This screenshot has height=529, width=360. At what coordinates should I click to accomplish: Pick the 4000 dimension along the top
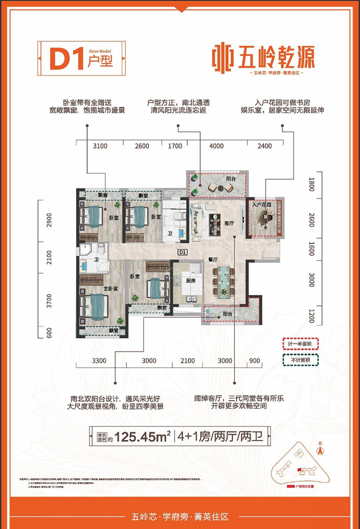(216, 146)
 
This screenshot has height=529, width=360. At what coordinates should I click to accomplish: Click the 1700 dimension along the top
(175, 146)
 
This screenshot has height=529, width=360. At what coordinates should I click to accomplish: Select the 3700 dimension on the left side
(50, 300)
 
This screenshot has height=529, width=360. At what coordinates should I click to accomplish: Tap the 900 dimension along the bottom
(255, 361)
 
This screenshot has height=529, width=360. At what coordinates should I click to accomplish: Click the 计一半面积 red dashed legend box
(300, 344)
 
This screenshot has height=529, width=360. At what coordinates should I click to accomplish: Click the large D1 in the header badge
(67, 59)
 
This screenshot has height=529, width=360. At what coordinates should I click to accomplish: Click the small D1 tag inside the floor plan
(182, 253)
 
